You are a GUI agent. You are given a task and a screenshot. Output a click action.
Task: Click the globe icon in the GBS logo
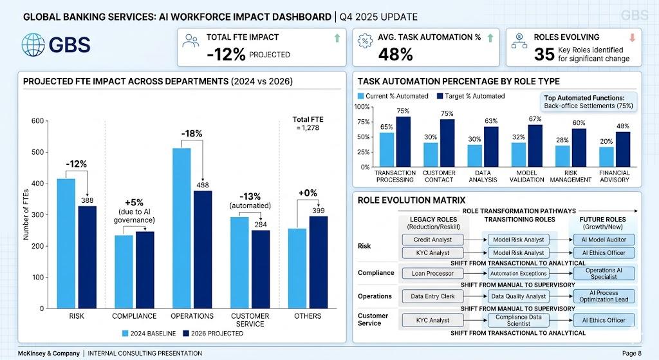tap(33, 44)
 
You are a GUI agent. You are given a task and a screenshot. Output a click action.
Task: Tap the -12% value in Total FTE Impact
tap(226, 55)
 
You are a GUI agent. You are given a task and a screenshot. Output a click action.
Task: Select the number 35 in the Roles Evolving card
tap(544, 55)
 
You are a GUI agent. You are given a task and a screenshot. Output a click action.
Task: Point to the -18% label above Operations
tap(192, 133)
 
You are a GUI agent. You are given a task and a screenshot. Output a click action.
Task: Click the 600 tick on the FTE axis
tap(38, 121)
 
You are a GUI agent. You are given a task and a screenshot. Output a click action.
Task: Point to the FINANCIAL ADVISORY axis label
tap(615, 176)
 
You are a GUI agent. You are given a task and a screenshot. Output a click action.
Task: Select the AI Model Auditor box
tap(604, 240)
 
